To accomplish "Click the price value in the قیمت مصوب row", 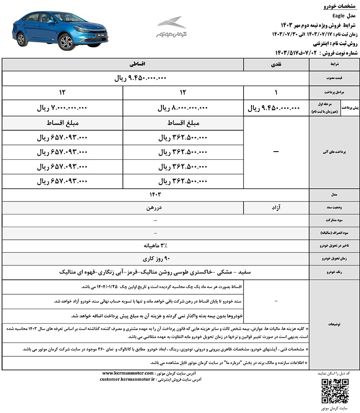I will [141, 78].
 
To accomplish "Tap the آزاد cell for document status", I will [275, 207].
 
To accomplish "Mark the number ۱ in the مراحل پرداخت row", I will [275, 92].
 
